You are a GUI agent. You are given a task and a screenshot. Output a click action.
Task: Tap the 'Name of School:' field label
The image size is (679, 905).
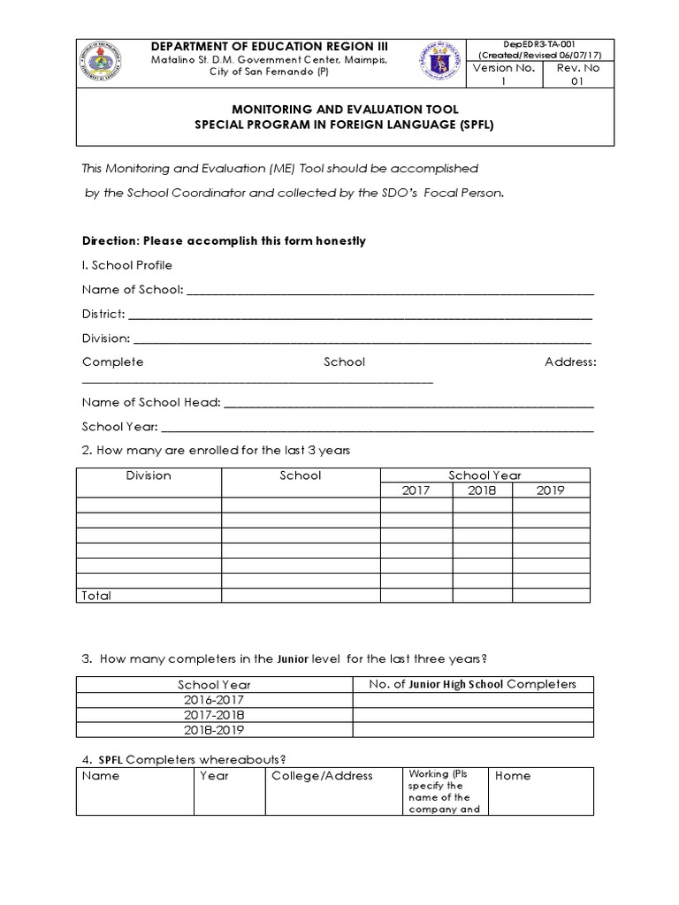tap(133, 290)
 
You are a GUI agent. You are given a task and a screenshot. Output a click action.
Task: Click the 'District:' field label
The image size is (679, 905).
tap(103, 314)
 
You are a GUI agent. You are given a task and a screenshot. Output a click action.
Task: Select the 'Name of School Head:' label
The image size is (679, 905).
tap(151, 402)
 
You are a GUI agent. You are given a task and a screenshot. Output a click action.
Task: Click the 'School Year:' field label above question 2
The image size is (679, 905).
tap(119, 427)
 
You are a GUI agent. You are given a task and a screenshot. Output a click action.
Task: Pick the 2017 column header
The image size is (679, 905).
tap(416, 491)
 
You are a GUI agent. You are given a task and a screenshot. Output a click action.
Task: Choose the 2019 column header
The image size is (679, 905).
tap(550, 491)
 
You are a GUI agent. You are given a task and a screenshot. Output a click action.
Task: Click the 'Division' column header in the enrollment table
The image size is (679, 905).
tap(149, 475)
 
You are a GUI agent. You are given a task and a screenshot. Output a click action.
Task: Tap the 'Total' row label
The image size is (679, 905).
tap(96, 596)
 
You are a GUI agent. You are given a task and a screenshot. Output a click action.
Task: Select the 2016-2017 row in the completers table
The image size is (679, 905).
tap(215, 699)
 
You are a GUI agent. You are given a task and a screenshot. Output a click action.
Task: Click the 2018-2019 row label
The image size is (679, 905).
tap(215, 730)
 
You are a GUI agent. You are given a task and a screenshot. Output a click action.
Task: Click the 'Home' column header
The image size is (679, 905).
tap(513, 776)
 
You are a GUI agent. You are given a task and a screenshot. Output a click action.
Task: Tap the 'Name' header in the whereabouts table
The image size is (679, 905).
tap(101, 776)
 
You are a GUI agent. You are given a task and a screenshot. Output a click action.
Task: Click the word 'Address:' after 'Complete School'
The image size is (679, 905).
tap(570, 362)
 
